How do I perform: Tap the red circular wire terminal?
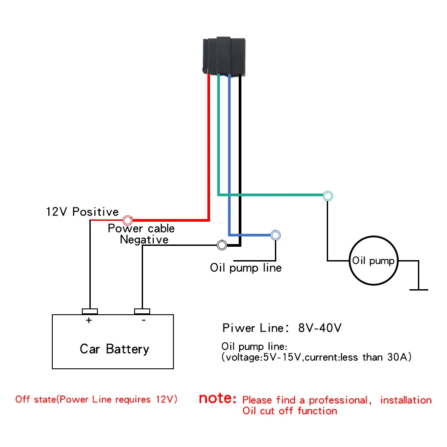128,220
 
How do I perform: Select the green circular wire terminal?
328,195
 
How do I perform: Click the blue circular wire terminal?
275,235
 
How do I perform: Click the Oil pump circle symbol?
373,261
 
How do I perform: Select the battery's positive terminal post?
89,311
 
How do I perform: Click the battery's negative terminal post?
142,311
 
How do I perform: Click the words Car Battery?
114,349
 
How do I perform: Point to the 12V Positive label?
82,211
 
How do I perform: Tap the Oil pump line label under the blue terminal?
246,268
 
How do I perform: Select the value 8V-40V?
320,328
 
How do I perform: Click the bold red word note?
217,398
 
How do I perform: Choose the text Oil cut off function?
290,410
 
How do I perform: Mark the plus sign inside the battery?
89,320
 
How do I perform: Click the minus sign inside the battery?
143,320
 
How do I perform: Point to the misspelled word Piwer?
239,328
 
